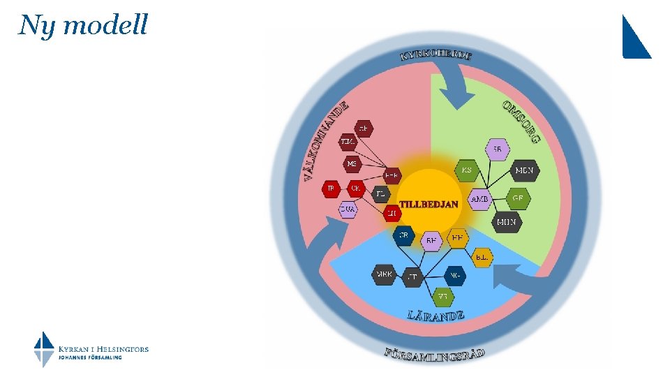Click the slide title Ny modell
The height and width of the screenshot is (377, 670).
tap(84, 25)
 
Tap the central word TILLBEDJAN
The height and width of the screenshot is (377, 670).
tap(429, 204)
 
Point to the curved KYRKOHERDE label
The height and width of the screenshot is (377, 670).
tap(435, 54)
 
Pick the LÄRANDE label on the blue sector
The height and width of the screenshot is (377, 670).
tap(435, 315)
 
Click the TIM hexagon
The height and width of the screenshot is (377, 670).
tap(348, 142)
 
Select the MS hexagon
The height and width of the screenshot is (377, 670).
tap(352, 163)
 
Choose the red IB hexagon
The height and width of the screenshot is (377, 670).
tap(331, 188)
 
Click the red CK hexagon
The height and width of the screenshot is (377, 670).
tap(356, 188)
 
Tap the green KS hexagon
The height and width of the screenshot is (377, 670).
tap(466, 170)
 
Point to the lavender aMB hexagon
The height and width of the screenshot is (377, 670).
tap(480, 199)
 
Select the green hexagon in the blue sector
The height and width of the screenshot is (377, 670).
tap(442, 296)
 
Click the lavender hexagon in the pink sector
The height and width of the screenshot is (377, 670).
tap(348, 209)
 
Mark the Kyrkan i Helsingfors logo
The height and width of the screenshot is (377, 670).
tap(91, 349)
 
